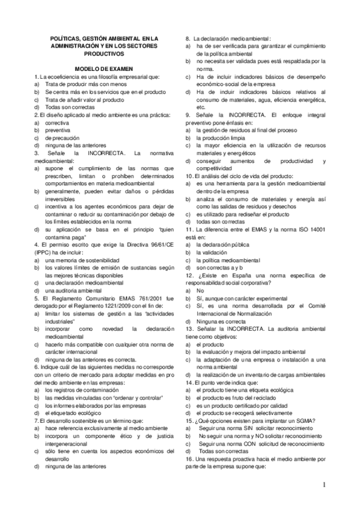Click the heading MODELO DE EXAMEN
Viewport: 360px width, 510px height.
[x=103, y=69]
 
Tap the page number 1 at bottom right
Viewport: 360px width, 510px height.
[x=323, y=485]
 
